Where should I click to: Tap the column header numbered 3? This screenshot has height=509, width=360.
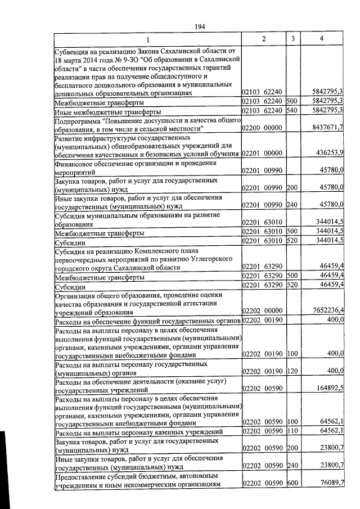(293, 38)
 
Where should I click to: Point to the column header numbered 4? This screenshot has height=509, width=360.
(321, 38)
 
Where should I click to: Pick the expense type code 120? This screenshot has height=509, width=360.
(291, 371)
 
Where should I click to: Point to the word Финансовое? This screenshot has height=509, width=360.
(76, 163)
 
